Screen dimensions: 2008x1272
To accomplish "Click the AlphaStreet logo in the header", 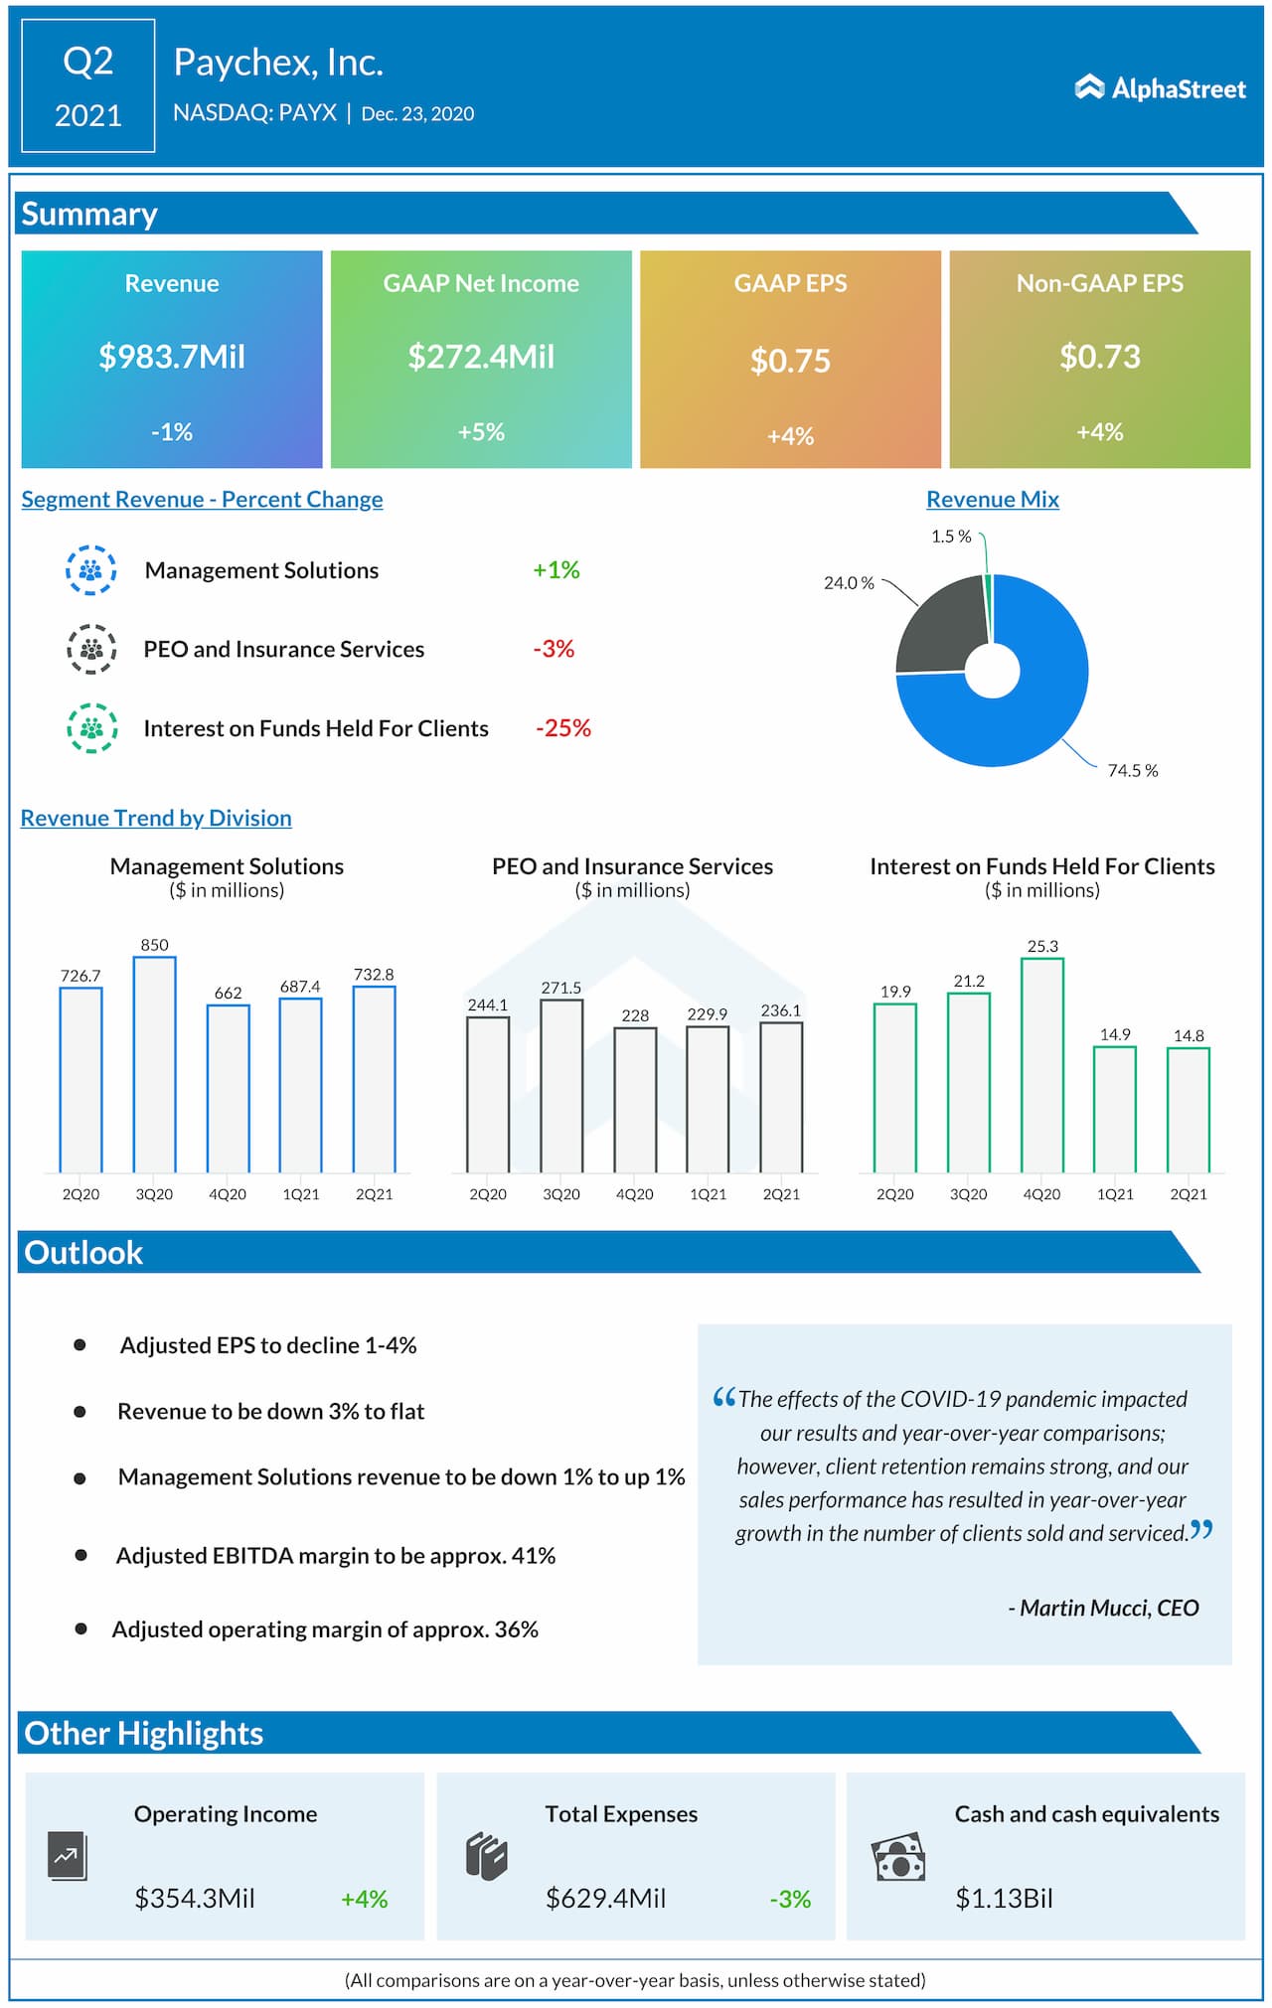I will (x=1160, y=88).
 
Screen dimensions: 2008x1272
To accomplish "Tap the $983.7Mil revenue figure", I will (x=172, y=357).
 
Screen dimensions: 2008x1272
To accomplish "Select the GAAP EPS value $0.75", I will (x=790, y=361).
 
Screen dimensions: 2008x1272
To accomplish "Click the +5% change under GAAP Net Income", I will (x=481, y=432).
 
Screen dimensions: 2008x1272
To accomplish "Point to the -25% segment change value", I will (x=563, y=728).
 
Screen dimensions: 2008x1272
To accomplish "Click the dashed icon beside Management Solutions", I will (x=90, y=570).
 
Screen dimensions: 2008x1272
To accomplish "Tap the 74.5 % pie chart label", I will (x=1133, y=771).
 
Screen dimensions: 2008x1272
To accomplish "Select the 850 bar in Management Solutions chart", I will (x=154, y=1063).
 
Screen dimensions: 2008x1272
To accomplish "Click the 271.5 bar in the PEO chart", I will (x=561, y=1085).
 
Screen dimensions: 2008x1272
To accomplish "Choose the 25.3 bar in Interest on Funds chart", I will (x=1042, y=1064).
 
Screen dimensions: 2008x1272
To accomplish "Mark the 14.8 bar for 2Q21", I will (x=1189, y=1110).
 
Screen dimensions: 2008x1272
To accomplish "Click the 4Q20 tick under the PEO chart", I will (x=634, y=1194).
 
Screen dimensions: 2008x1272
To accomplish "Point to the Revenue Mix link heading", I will (x=993, y=500).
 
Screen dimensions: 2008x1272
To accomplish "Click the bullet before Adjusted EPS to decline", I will (x=79, y=1345).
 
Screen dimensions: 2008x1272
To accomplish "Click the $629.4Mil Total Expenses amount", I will (x=605, y=1899).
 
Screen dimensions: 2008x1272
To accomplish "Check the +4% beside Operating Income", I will (x=364, y=1900).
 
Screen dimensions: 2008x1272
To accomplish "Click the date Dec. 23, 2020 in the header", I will (x=417, y=114).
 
